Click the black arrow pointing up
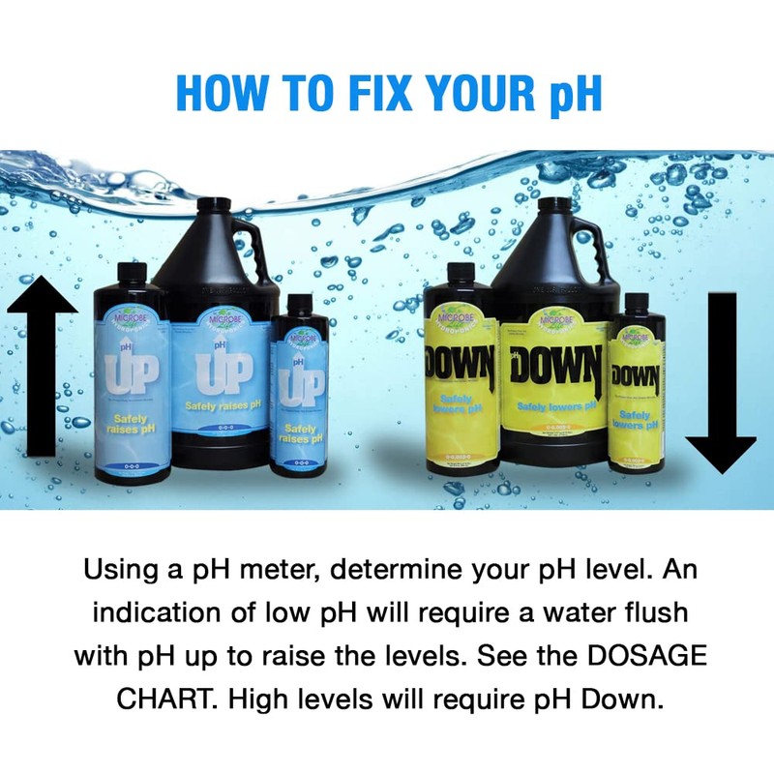41,368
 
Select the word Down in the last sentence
627,699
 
